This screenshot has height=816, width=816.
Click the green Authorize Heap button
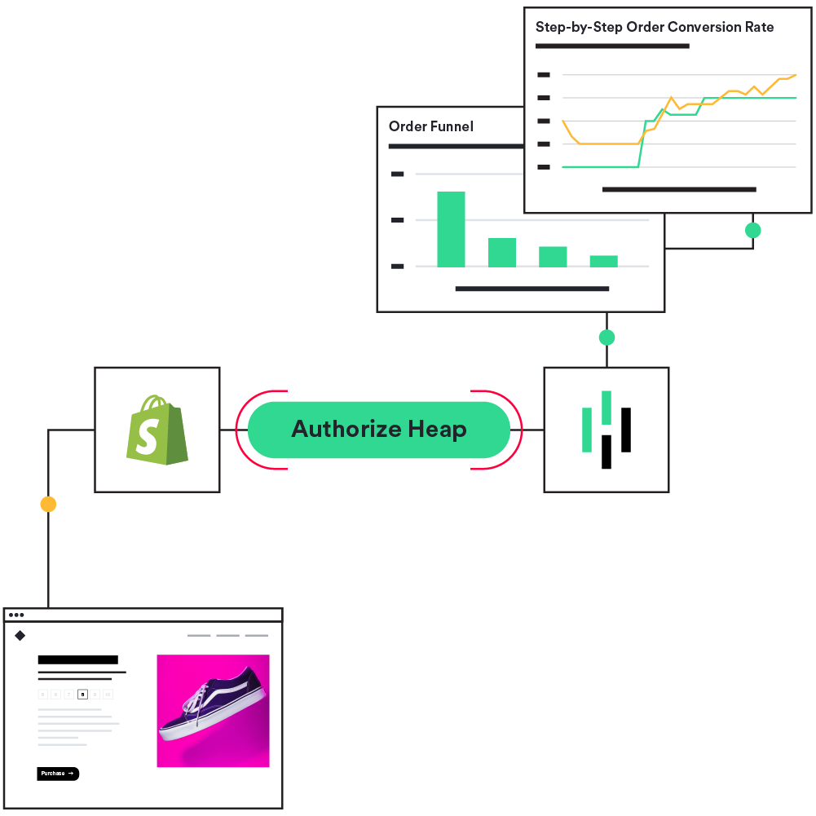coord(379,430)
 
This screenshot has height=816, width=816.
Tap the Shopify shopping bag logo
coord(157,430)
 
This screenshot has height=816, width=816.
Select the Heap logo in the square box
coord(606,430)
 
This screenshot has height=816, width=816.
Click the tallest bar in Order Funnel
coord(451,229)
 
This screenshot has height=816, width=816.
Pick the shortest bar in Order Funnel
coord(603,261)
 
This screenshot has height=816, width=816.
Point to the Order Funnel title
coord(430,126)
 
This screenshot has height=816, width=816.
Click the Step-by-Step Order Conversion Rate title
coord(654,27)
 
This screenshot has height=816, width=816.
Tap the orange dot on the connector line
coord(48,505)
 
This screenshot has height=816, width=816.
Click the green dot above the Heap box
coord(606,337)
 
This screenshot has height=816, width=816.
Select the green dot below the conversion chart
coord(753,231)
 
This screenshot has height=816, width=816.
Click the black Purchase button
coord(58,774)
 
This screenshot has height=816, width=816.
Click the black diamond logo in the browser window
coord(20,636)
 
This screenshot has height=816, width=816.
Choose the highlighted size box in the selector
coord(82,695)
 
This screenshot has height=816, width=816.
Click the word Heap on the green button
coord(437,430)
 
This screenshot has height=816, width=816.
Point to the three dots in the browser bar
coord(16,615)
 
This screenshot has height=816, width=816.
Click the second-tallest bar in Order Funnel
coord(501,253)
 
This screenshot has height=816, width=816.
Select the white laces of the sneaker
coord(194,702)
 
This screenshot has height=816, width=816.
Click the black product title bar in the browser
coord(77,659)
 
